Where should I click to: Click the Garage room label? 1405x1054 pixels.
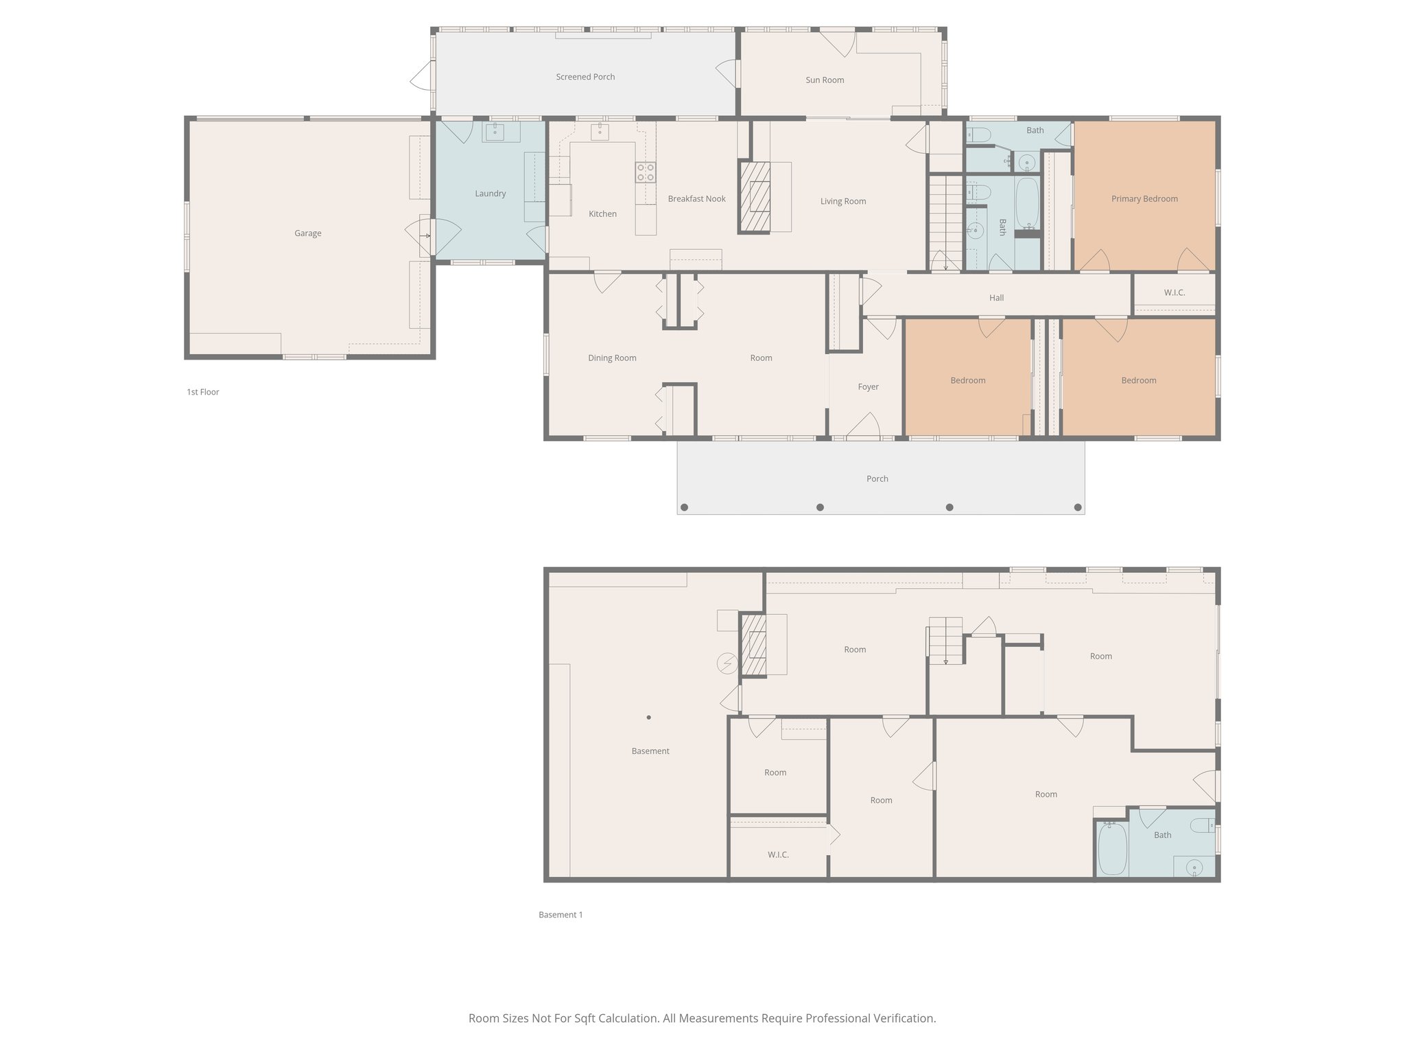point(307,233)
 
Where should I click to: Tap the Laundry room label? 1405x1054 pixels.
point(490,194)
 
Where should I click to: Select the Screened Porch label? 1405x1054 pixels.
point(585,77)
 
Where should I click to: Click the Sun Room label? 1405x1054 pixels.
point(825,80)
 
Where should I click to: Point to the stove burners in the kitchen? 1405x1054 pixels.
point(645,172)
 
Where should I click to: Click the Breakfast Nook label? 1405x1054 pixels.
point(696,199)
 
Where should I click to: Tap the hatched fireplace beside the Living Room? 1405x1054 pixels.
point(755,197)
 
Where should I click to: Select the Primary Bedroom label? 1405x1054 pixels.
point(1144,199)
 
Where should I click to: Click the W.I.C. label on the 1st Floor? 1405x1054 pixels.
point(1174,293)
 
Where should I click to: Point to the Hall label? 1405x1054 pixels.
point(996,298)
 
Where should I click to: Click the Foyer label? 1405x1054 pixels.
point(868,387)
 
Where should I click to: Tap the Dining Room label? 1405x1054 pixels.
point(612,358)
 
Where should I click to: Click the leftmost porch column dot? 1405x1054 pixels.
point(684,508)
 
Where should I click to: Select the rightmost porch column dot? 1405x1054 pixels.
point(1078,508)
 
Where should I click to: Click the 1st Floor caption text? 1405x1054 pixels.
point(203,393)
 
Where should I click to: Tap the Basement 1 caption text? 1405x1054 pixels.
point(560,915)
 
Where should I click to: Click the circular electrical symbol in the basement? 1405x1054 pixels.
point(727,664)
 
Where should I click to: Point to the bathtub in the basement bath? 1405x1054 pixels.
point(1111,849)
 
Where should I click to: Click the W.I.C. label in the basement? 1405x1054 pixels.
point(778,855)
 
